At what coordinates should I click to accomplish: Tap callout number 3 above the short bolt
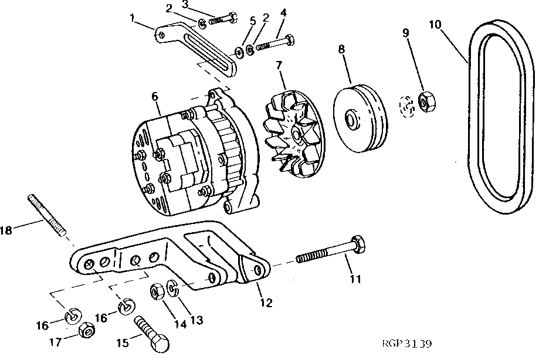tap(185, 5)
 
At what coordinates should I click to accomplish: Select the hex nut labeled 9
tap(426, 101)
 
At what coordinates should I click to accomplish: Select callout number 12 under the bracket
tap(266, 303)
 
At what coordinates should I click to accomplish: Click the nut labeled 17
tap(87, 332)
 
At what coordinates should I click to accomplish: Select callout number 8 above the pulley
tap(341, 50)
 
